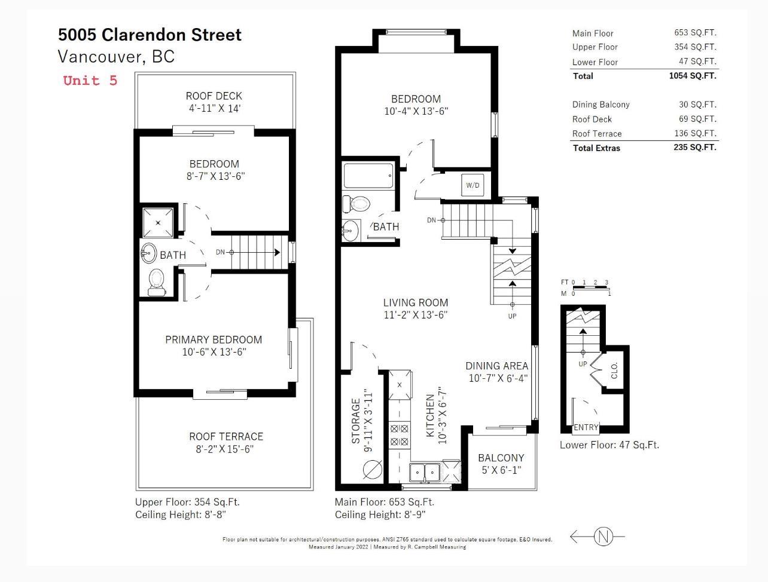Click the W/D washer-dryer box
tap(473, 185)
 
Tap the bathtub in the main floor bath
tap(368, 176)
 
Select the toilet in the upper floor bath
tap(156, 282)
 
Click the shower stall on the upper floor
tap(158, 223)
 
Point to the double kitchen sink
tap(425, 472)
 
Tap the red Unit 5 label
tap(90, 81)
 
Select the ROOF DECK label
tap(214, 96)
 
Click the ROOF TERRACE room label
tap(226, 436)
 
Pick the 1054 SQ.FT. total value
tap(693, 76)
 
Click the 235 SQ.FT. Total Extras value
tap(695, 147)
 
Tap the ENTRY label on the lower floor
tap(586, 427)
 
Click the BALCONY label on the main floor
tap(501, 458)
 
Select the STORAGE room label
tap(356, 421)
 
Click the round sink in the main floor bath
tap(351, 231)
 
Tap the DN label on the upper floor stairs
tap(220, 252)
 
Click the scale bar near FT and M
tap(590, 287)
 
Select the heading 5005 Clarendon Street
tap(150, 35)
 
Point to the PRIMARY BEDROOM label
tap(214, 339)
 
